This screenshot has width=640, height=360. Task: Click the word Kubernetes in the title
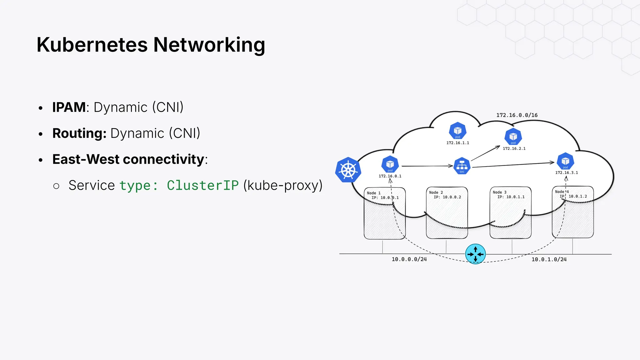pyautogui.click(x=92, y=45)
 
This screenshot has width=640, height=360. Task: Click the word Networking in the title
pyautogui.click(x=209, y=45)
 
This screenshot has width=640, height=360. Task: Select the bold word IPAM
pyautogui.click(x=69, y=107)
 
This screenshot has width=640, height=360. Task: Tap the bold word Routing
pyautogui.click(x=79, y=133)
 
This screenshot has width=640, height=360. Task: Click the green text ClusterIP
pyautogui.click(x=203, y=185)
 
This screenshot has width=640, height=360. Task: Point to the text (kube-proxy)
pyautogui.click(x=283, y=185)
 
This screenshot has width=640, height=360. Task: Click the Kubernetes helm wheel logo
pyautogui.click(x=348, y=170)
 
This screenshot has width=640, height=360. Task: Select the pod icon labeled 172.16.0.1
pyautogui.click(x=390, y=164)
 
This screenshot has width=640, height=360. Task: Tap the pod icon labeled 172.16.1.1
pyautogui.click(x=457, y=130)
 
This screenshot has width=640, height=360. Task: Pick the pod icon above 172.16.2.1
pyautogui.click(x=513, y=137)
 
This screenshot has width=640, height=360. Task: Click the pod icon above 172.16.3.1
pyautogui.click(x=565, y=161)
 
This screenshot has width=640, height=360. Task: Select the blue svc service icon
pyautogui.click(x=462, y=166)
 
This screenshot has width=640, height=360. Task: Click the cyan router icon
pyautogui.click(x=475, y=254)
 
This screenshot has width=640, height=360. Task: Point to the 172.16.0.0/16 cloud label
pyautogui.click(x=517, y=115)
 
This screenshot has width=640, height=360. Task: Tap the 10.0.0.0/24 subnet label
pyautogui.click(x=409, y=259)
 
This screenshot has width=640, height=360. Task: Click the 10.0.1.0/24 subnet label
pyautogui.click(x=549, y=259)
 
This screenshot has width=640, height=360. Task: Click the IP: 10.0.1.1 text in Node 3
pyautogui.click(x=511, y=197)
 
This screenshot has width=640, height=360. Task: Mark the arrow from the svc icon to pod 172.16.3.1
pyautogui.click(x=512, y=165)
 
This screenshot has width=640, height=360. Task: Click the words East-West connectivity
pyautogui.click(x=128, y=159)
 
